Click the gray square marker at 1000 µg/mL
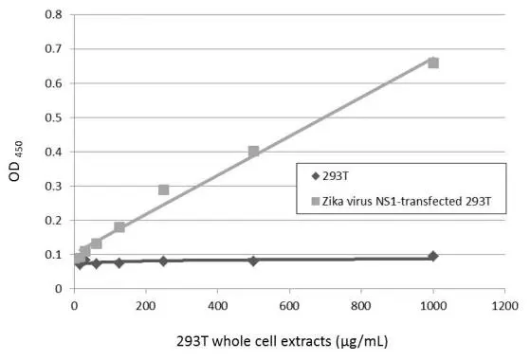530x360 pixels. click(x=433, y=63)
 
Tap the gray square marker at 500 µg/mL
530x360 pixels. click(x=253, y=152)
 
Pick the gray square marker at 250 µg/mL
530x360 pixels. click(x=163, y=189)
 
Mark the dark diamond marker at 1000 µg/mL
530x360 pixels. click(x=433, y=256)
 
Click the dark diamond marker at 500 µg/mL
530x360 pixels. click(x=253, y=261)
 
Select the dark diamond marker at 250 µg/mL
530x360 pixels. click(x=163, y=261)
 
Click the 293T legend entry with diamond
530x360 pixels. click(x=341, y=176)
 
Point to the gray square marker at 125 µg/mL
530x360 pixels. click(x=119, y=227)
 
